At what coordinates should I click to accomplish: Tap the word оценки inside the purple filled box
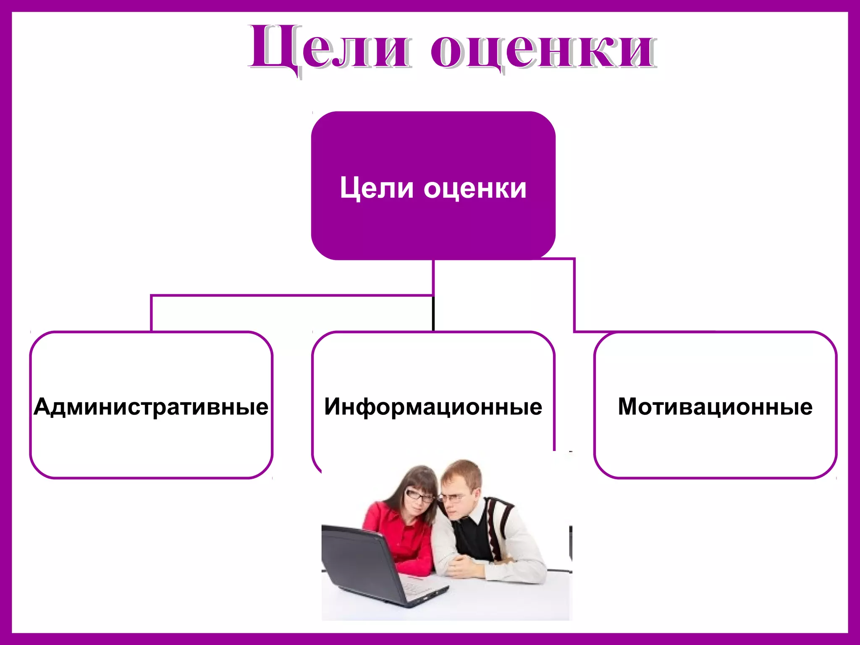click(x=475, y=189)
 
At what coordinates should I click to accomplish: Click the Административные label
click(x=151, y=406)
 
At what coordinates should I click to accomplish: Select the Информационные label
click(x=433, y=406)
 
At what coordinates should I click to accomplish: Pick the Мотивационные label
click(x=715, y=406)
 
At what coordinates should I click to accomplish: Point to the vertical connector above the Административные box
click(x=151, y=313)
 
